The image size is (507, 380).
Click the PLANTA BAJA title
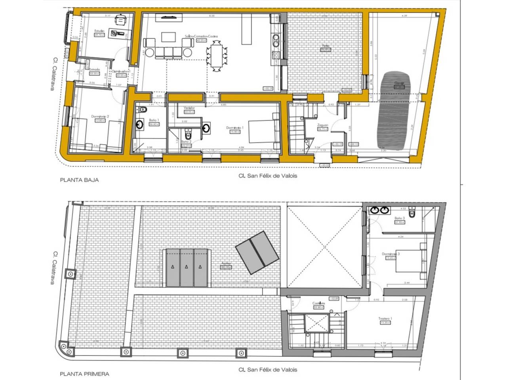pos(79,180)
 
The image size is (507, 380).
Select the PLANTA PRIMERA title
pos(84,373)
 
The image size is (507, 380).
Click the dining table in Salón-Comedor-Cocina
pos(217,56)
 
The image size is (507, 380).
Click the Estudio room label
pos(99,31)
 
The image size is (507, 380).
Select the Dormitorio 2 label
pos(100,117)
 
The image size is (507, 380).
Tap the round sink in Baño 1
pos(140,124)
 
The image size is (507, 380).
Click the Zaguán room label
pos(323,125)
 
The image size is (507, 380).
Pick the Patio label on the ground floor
pos(325,46)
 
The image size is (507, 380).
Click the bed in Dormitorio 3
pos(408,261)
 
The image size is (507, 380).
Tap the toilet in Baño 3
pos(412,213)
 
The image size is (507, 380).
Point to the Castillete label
pos(319,303)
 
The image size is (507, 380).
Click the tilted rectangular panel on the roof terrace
pos(256,253)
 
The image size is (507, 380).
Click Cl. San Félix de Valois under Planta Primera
pos(267,370)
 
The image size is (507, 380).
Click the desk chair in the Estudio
pos(119,19)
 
